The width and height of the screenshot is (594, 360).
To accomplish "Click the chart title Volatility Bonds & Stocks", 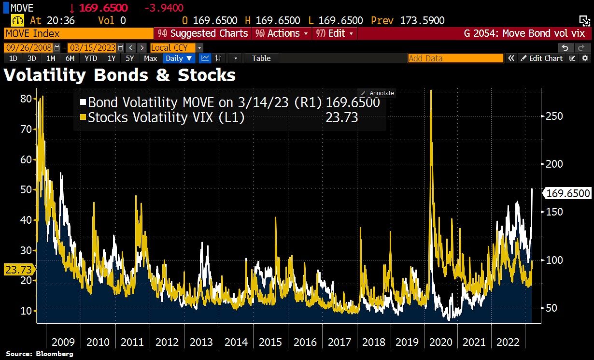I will click(x=120, y=75).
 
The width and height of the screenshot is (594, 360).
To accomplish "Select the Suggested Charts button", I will click(x=203, y=33).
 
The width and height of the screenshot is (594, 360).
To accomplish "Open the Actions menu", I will click(x=283, y=33).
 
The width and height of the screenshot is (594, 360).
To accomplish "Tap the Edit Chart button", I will click(x=541, y=58).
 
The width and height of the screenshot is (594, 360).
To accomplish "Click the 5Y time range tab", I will click(x=129, y=58).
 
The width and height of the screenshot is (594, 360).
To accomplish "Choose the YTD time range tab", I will click(x=90, y=58).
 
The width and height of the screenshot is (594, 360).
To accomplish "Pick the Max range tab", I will click(x=150, y=58).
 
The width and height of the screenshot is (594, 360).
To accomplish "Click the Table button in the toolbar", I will click(x=261, y=58).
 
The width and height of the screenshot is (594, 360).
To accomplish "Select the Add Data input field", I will click(x=455, y=58).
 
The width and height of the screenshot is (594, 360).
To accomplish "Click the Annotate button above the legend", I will click(x=378, y=93).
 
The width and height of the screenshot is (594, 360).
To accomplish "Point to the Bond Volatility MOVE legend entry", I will click(x=229, y=103).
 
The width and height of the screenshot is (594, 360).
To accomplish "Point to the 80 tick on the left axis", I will click(x=26, y=99).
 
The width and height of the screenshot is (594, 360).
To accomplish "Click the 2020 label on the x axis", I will click(x=440, y=342).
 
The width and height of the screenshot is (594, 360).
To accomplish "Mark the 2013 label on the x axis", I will click(x=201, y=342).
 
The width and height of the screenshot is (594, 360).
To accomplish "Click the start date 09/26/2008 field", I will click(x=29, y=48).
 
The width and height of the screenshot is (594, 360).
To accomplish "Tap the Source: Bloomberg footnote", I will click(x=40, y=354).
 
